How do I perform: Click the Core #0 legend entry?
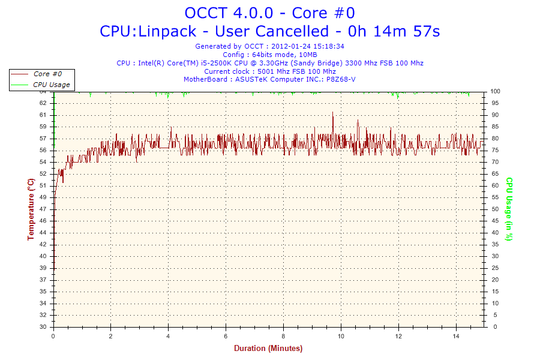(x=47, y=74)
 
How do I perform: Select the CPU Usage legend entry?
(x=51, y=85)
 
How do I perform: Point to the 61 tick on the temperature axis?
(x=43, y=115)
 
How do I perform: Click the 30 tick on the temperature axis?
(x=43, y=327)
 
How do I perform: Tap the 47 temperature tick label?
(x=43, y=209)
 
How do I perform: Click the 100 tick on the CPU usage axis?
(x=496, y=91)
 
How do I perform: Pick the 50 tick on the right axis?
(x=494, y=209)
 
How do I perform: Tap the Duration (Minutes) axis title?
(x=268, y=349)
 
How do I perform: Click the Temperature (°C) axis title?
(x=31, y=209)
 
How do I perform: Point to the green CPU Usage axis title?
(x=509, y=209)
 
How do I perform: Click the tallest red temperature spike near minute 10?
(x=332, y=113)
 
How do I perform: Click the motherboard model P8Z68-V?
(x=340, y=79)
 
